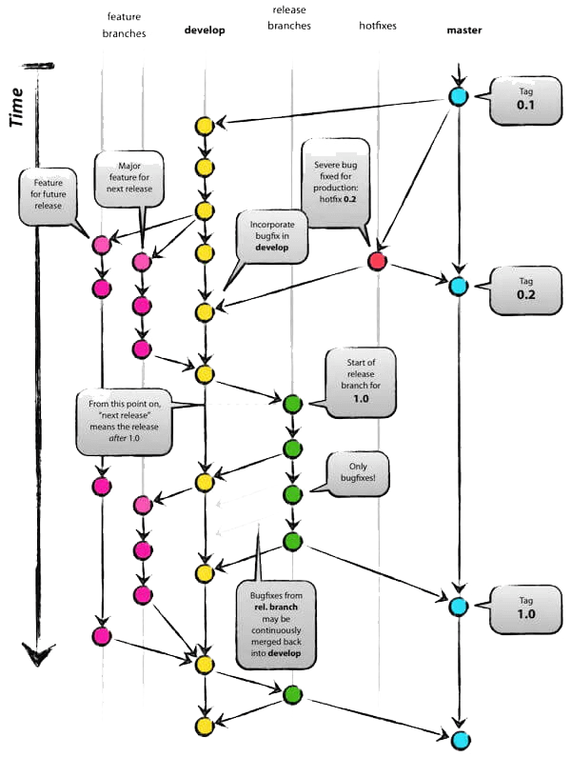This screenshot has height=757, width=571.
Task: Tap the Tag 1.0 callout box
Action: coord(521,607)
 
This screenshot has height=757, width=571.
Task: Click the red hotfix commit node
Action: coord(377,261)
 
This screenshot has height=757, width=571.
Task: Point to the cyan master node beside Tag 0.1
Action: coord(459,96)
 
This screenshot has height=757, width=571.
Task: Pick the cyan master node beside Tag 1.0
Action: coord(459,606)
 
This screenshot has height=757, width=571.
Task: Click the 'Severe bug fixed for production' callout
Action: coord(335,181)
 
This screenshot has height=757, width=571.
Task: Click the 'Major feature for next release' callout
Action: coord(130,176)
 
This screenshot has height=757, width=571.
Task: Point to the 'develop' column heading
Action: coord(205,30)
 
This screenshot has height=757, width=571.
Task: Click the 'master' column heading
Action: coord(463,30)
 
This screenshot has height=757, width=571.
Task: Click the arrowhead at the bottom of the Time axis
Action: coord(38,657)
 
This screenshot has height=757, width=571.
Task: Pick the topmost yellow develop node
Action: coord(204,126)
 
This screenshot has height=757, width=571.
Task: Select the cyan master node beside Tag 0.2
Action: coord(459,286)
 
